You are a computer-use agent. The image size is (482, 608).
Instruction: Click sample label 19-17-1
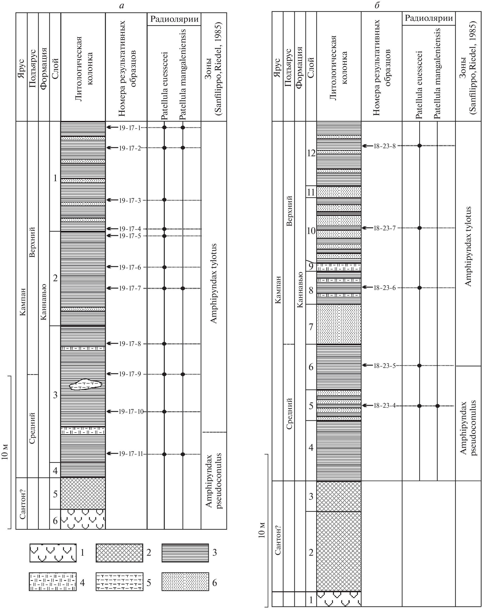129,128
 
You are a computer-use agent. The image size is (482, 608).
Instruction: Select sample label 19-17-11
131,454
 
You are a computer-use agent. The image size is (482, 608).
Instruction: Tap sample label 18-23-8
385,146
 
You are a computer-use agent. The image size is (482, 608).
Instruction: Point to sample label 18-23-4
385,406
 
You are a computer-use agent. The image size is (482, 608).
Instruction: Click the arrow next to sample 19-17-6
112,267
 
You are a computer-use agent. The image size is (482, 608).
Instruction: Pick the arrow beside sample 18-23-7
367,228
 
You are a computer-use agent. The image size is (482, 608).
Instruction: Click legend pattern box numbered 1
53,553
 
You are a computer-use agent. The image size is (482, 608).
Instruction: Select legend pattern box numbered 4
53,582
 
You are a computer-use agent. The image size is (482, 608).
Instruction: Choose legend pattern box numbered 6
185,582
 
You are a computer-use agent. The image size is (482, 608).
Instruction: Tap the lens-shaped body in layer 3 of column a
86,384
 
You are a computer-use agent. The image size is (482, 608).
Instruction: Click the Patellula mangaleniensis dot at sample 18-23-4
437,406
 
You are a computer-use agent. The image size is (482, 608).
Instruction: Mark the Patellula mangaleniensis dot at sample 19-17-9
183,374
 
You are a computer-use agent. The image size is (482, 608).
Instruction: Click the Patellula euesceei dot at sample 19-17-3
164,200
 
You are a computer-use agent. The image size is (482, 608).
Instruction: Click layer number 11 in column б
311,192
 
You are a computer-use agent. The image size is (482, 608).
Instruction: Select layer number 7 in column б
311,327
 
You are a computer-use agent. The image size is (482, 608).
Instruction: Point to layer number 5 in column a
55,494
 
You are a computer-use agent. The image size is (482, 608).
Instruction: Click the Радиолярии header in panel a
174,19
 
